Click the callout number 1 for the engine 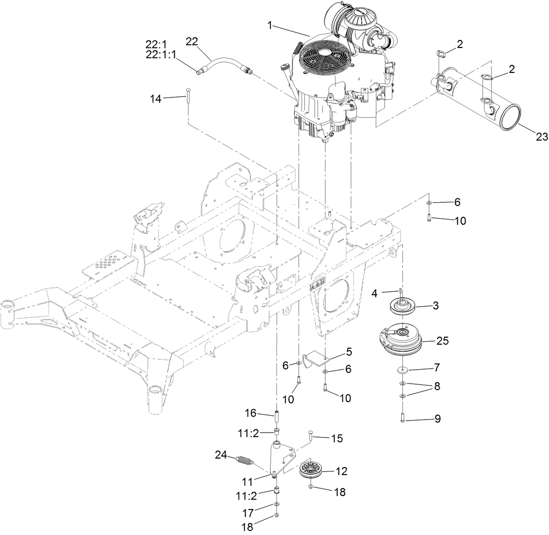click(x=270, y=25)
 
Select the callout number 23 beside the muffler click(x=542, y=136)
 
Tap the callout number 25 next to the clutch click(x=442, y=341)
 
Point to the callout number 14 click(x=156, y=98)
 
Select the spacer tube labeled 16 click(x=276, y=415)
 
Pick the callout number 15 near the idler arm click(x=337, y=438)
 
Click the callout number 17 click(x=248, y=512)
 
